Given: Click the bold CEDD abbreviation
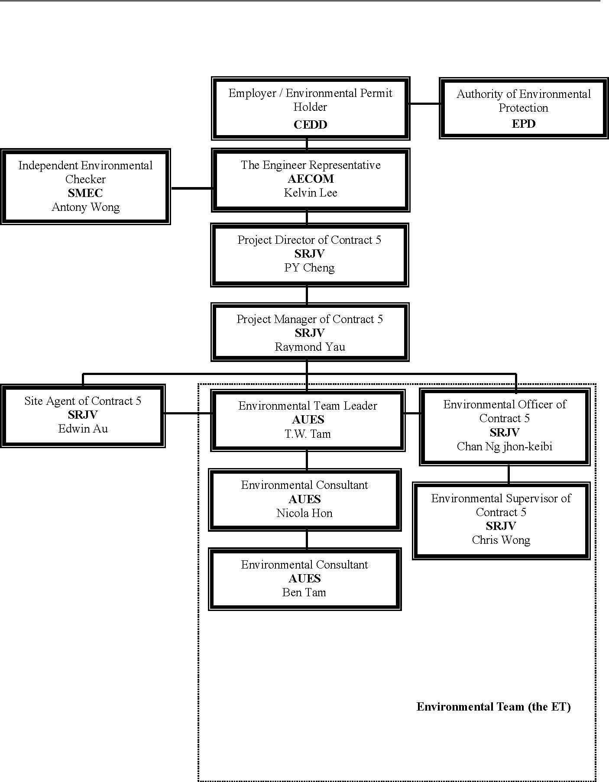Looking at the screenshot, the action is click(x=310, y=125).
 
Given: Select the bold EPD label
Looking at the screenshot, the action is click(x=523, y=124).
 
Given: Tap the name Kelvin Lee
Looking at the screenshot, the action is click(x=310, y=193).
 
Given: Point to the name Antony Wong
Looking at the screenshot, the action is click(x=85, y=207).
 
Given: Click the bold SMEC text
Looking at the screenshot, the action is click(x=85, y=193).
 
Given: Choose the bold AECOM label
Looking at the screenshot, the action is click(x=311, y=179).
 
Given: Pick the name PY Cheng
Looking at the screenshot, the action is click(x=309, y=268).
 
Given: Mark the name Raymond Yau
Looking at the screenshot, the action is click(x=310, y=347).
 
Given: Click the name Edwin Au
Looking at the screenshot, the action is click(x=83, y=429).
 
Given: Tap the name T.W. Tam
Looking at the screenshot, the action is click(x=308, y=433).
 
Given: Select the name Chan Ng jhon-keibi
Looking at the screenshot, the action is click(x=505, y=446).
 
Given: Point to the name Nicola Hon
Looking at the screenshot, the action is click(x=304, y=513).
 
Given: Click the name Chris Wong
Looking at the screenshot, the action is click(x=501, y=540).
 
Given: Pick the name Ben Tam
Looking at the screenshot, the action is click(x=304, y=592).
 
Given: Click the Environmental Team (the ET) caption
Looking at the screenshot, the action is click(x=494, y=707).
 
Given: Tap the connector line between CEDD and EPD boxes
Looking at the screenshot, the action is click(x=424, y=104).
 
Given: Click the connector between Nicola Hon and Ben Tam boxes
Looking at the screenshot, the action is click(x=307, y=540).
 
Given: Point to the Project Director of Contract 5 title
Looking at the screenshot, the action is click(x=309, y=240).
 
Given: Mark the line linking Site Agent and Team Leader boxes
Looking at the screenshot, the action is click(x=188, y=414).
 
